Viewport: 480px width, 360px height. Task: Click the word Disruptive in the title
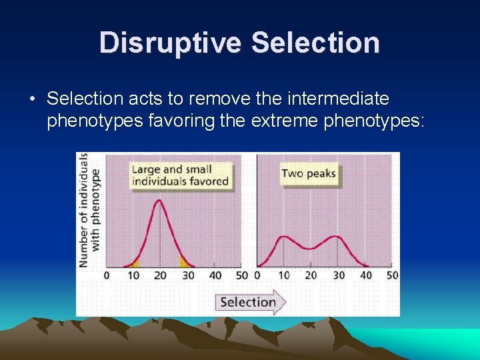click(171, 43)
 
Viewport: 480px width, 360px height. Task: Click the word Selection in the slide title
click(315, 43)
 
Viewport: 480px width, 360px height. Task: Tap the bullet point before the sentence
click(32, 100)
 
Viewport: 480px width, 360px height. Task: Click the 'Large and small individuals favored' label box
click(180, 175)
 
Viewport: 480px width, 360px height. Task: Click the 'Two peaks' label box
click(309, 173)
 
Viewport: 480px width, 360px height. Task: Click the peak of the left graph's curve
click(160, 201)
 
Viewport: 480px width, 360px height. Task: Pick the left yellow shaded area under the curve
click(135, 263)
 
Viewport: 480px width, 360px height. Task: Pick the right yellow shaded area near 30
click(184, 261)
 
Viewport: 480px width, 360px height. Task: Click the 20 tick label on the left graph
click(160, 275)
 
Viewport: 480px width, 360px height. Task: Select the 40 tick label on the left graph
click(215, 275)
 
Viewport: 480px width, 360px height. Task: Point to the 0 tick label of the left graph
click(107, 275)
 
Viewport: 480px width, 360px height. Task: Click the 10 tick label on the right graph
click(284, 275)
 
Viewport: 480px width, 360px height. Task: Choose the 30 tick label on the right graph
click(338, 275)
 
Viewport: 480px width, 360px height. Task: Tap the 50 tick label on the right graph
click(392, 275)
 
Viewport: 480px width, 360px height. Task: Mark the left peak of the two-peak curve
click(285, 237)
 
